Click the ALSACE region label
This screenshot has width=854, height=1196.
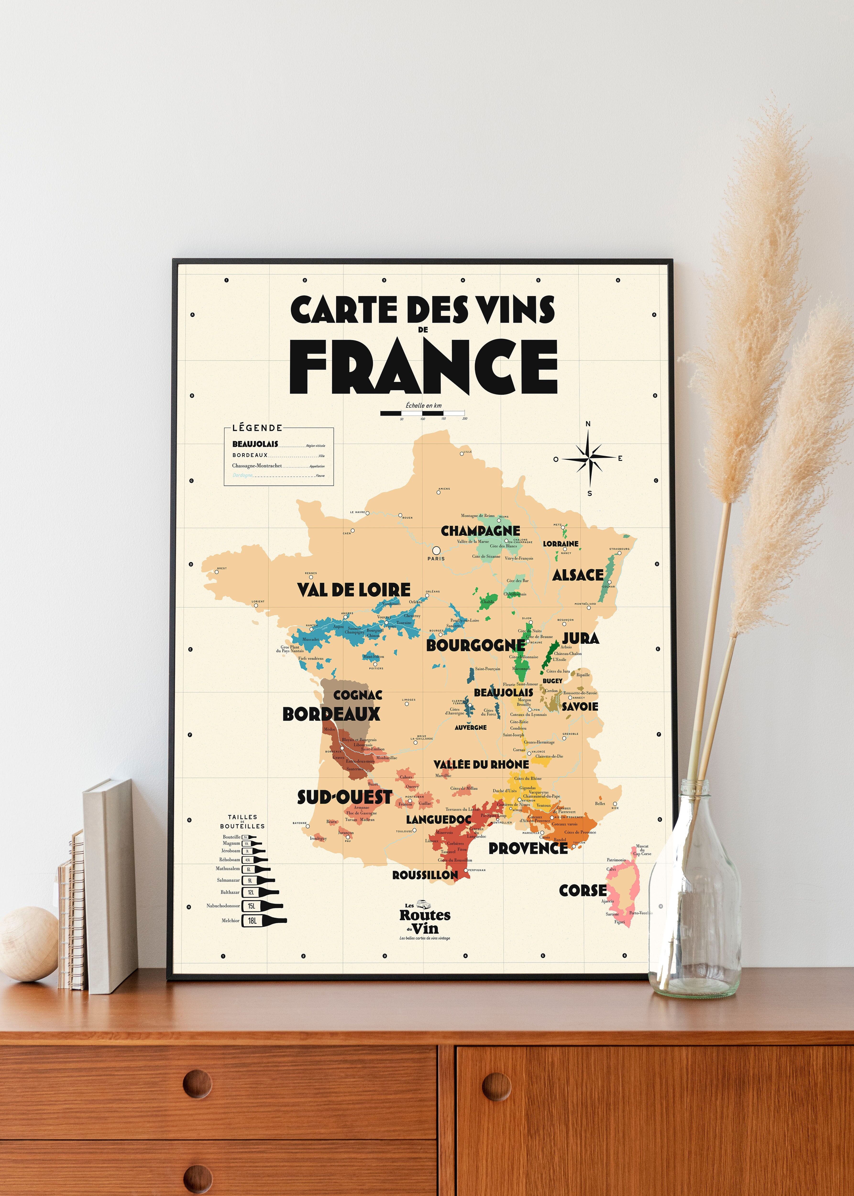tap(577, 575)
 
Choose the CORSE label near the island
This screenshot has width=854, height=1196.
tap(583, 891)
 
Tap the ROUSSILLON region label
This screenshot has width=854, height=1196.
tap(425, 875)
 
